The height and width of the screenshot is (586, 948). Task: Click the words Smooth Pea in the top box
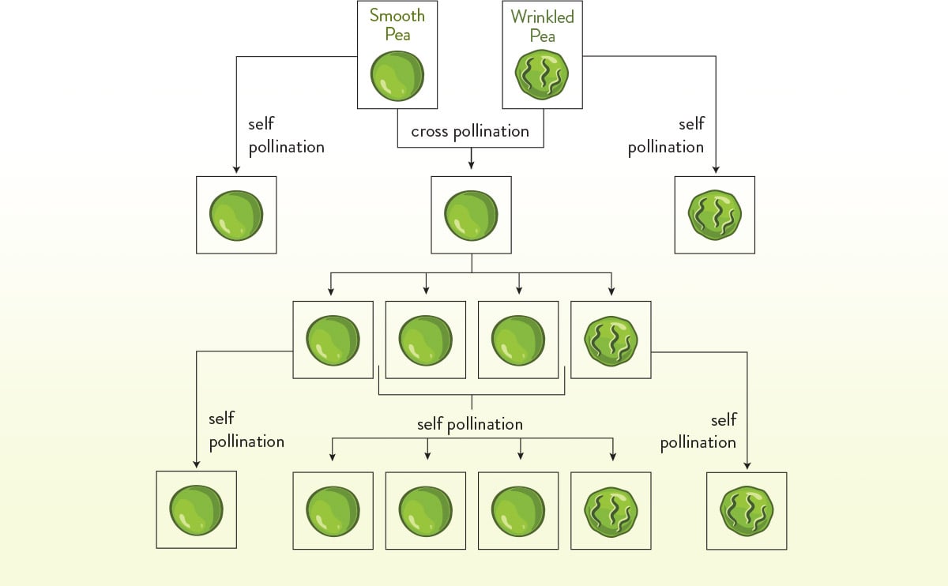[x=397, y=24]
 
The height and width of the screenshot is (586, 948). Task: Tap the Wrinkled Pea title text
[x=543, y=25]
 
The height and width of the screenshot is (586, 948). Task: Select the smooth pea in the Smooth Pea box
[x=397, y=76]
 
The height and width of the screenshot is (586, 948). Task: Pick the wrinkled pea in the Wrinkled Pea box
[x=542, y=76]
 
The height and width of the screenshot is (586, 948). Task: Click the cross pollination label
[x=470, y=131]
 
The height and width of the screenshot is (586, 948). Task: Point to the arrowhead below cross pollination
[x=472, y=165]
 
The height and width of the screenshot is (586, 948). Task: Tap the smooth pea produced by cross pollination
[x=472, y=215]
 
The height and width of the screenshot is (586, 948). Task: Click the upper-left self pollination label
[x=286, y=136]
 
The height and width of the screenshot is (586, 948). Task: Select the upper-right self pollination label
[x=666, y=136]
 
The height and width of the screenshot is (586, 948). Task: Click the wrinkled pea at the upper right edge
[x=715, y=215]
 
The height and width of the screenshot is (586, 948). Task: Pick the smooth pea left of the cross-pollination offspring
[x=236, y=215]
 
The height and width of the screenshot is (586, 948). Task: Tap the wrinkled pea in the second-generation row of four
[x=611, y=340]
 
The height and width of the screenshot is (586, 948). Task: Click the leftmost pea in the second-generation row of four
[x=333, y=340]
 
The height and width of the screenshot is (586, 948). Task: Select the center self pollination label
[x=470, y=425]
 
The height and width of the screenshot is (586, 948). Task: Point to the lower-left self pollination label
[x=246, y=430]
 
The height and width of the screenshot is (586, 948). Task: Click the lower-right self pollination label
[x=698, y=430]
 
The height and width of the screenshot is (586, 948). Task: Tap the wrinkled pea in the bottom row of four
[x=611, y=511]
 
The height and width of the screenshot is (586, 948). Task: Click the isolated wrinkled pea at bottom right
[x=747, y=511]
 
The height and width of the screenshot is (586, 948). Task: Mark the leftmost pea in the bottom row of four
[x=333, y=511]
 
